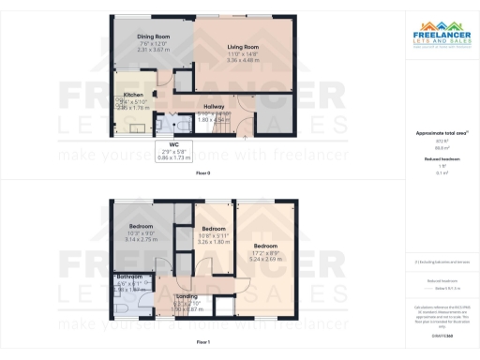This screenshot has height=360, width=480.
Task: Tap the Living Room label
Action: coord(243,46)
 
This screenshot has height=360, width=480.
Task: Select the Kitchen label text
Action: coord(133,95)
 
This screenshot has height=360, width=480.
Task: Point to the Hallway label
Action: coord(215,107)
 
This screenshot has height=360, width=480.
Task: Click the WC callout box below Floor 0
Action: coord(173,153)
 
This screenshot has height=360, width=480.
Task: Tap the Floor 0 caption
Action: coord(202,174)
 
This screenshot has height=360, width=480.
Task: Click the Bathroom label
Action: coord(129,277)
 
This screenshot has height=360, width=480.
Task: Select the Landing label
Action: coord(187,296)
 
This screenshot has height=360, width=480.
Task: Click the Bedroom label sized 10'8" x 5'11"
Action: coord(214,228)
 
